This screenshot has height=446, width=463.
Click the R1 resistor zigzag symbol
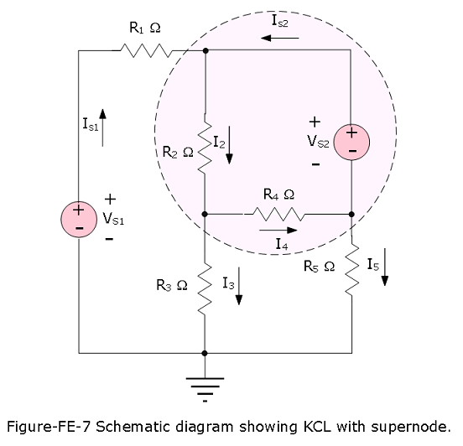click(146, 50)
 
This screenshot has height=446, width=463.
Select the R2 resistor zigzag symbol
click(205, 146)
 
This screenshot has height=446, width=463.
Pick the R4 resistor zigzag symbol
click(278, 214)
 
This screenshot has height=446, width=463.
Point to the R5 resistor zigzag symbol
click(351, 267)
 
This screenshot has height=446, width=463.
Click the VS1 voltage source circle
click(79, 220)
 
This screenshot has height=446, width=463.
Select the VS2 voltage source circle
click(351, 143)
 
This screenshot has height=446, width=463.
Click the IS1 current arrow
click(102, 127)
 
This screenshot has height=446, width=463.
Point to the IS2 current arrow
click(280, 38)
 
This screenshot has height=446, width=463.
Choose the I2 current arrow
click(229, 145)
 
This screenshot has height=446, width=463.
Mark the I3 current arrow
click(238, 286)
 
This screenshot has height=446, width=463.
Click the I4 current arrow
click(278, 231)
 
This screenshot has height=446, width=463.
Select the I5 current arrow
click(384, 267)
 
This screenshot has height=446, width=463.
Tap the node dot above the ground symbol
click(205, 353)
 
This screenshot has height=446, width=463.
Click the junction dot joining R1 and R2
click(205, 51)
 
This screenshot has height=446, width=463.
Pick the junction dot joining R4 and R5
click(351, 214)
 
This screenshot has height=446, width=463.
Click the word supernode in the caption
click(411, 427)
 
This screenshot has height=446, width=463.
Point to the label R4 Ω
click(278, 194)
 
